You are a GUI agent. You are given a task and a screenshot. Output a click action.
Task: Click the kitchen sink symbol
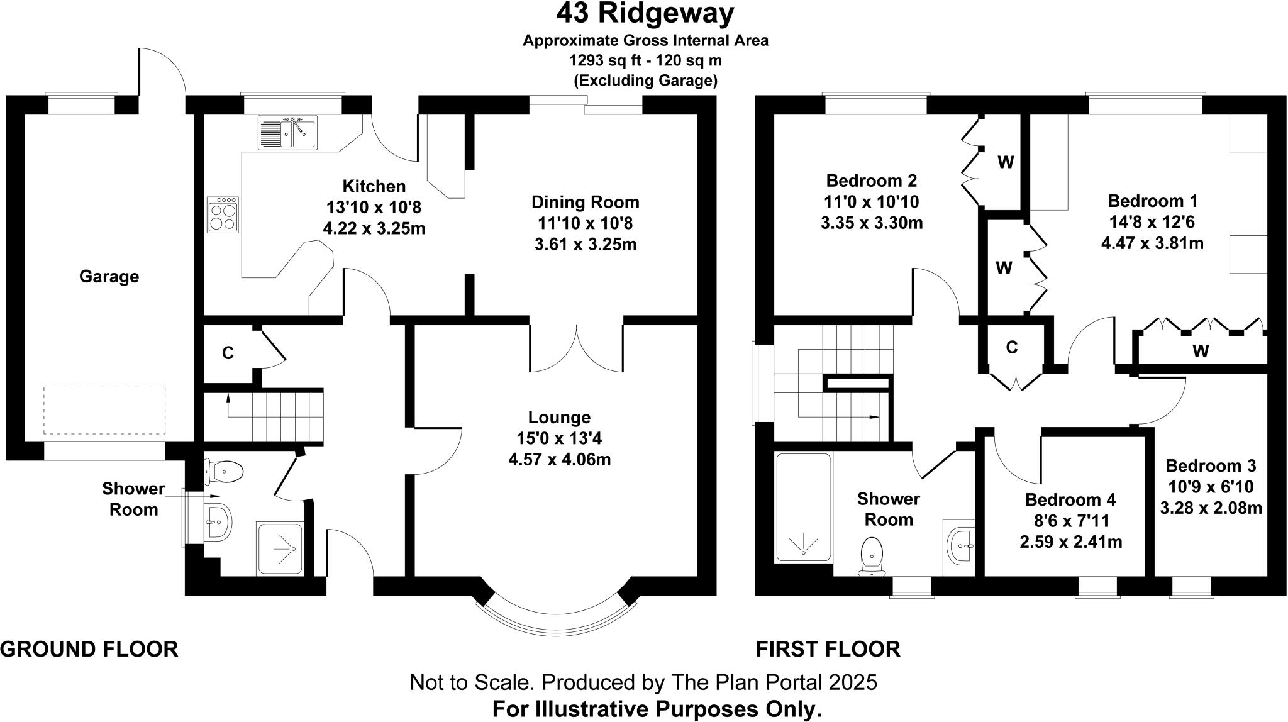coord(287,132)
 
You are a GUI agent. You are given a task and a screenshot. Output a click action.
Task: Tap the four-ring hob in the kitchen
coord(223,214)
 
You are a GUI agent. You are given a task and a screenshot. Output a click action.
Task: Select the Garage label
coord(109,277)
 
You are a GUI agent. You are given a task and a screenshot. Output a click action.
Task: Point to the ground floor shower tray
coord(280,549)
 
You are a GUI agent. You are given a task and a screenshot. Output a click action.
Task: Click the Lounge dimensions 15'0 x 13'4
coord(559,438)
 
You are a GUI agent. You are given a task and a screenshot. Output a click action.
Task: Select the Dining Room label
coord(585,203)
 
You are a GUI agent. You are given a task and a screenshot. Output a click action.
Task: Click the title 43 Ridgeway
coord(645,14)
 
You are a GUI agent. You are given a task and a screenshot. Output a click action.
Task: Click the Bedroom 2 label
coord(871,181)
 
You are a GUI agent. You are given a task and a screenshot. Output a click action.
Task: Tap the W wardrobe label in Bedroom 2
coord(1006,162)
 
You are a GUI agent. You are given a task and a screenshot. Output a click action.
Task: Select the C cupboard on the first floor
coord(1011,347)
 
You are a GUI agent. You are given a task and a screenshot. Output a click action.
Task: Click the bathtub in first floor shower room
coord(803,507)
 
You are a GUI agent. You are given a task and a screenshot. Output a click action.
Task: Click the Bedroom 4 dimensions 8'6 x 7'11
coord(1070,521)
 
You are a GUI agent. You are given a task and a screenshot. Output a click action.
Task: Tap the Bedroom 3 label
coord(1210,466)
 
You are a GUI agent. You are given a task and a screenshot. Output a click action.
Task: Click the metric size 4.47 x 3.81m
coord(1152,243)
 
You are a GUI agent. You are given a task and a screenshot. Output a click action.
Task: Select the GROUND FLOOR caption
coord(89,649)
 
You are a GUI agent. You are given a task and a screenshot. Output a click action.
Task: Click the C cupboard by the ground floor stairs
coord(228,353)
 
